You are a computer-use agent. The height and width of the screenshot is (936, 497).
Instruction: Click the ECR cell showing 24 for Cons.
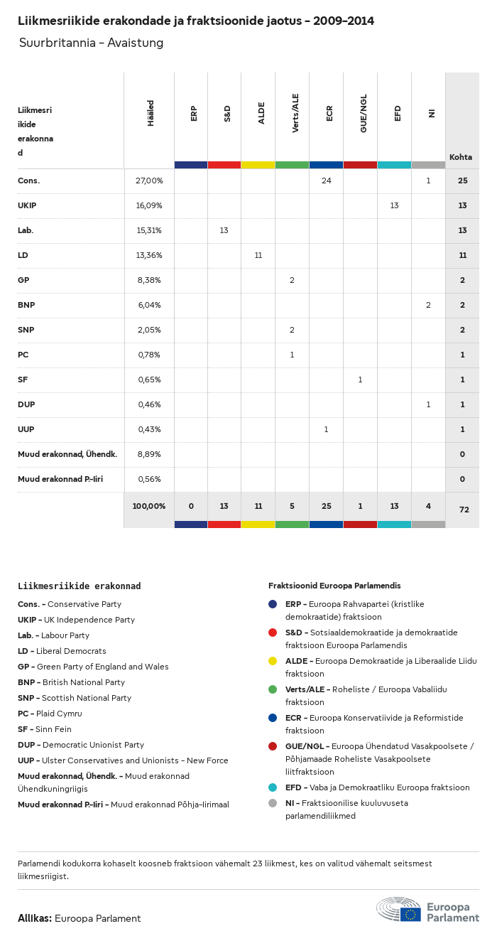[x=326, y=181]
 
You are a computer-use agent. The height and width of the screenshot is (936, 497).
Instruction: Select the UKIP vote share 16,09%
[x=149, y=205]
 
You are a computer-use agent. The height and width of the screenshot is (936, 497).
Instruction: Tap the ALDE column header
[x=261, y=113]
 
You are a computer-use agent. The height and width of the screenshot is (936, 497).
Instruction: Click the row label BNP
[x=26, y=305]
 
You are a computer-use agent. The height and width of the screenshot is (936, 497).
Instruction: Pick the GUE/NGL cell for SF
[x=360, y=380]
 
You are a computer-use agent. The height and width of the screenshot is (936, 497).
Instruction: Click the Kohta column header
[x=461, y=157]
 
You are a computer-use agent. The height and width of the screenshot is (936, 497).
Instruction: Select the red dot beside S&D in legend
[x=273, y=633]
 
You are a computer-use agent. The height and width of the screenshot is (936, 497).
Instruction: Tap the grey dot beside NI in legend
[x=273, y=803]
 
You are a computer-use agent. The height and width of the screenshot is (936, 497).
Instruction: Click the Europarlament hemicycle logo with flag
[x=398, y=909]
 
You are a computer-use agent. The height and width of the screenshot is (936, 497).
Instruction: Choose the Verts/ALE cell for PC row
[x=292, y=355]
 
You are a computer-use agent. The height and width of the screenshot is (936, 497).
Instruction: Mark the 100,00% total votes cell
[x=149, y=506]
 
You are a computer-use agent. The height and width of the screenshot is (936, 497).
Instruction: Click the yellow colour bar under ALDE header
[x=258, y=165]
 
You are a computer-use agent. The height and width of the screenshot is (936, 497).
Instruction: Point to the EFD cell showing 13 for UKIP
[x=394, y=205]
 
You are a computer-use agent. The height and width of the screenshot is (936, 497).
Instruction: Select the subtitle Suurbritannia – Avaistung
[x=92, y=43]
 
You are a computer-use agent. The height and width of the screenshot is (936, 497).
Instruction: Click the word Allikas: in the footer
[x=34, y=918]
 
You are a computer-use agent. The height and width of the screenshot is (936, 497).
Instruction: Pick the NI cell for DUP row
[x=428, y=404]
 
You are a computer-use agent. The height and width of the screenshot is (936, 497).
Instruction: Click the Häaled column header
[x=151, y=113]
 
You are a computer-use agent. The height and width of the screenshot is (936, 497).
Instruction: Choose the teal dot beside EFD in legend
[x=273, y=787]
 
